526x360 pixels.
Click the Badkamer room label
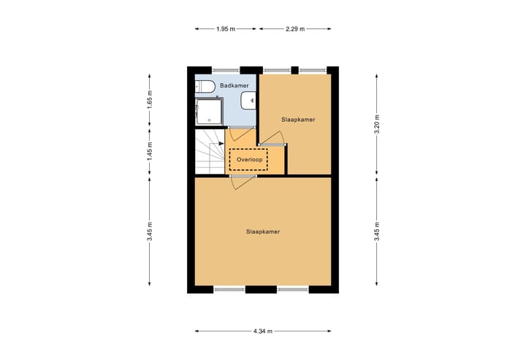click(x=235, y=86)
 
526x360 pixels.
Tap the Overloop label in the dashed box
click(x=248, y=159)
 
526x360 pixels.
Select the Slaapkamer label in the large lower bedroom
click(x=263, y=231)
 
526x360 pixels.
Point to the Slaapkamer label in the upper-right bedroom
click(x=298, y=119)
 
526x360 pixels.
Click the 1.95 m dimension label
click(x=226, y=29)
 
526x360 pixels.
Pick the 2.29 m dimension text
click(x=294, y=29)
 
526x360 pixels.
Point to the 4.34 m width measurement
click(x=263, y=331)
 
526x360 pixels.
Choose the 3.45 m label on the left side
click(x=150, y=231)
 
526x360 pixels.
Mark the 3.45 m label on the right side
click(x=376, y=231)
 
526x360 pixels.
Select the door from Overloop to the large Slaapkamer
click(x=243, y=177)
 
